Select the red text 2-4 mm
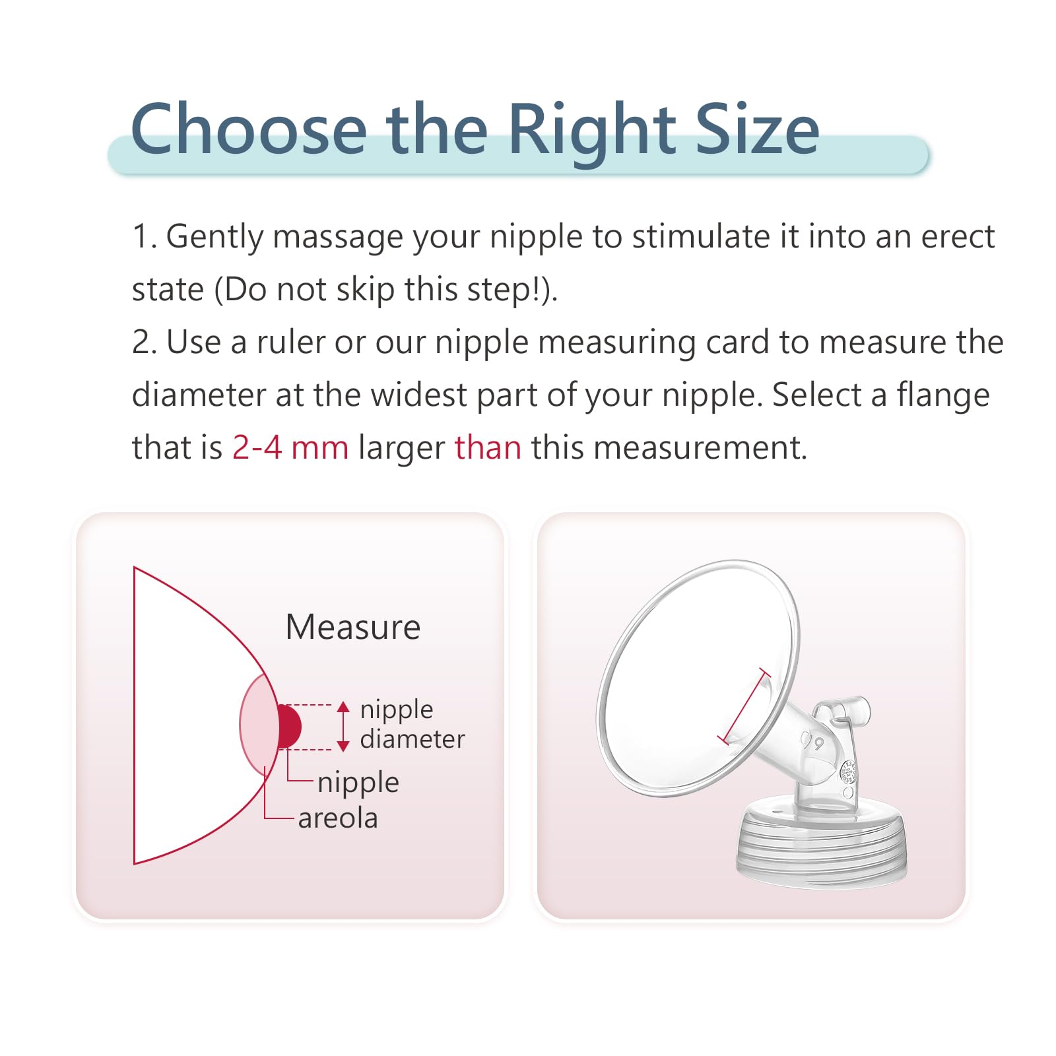290,447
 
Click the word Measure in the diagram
353,627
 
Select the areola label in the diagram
338,818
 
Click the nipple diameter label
412,724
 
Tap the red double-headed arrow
343,727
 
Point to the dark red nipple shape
289,727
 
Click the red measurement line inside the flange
744,707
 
